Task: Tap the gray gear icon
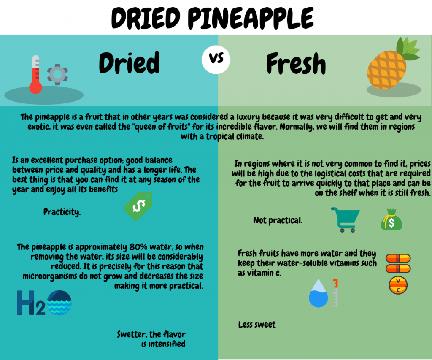[x=57, y=74]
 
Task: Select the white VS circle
[x=216, y=60]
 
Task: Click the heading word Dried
[x=129, y=63]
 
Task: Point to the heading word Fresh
[x=296, y=64]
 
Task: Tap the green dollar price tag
[x=138, y=206]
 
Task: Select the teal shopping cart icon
[x=346, y=220]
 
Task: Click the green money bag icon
[x=391, y=219]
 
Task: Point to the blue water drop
[x=318, y=293]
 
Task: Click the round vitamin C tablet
[x=398, y=285]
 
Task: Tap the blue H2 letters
[x=31, y=303]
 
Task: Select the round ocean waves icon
[x=59, y=302]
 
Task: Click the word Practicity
[x=62, y=212]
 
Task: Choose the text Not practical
[x=278, y=220]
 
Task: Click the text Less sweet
[x=257, y=325]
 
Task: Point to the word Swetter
[x=132, y=334]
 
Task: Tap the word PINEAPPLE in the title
[x=251, y=18]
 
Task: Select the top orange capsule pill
[x=398, y=258]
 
